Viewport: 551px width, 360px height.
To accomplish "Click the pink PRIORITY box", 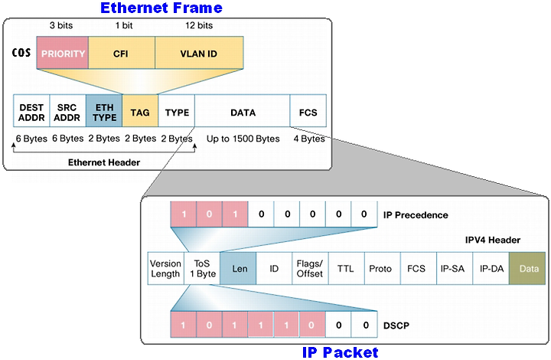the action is click(63, 53).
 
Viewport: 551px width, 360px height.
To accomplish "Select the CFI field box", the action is click(122, 53).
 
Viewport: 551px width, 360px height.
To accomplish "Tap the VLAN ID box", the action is click(199, 53).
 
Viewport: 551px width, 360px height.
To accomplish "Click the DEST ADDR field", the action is click(31, 111).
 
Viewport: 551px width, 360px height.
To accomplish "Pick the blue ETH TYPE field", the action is click(104, 111).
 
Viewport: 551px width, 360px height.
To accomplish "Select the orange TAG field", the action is click(140, 111).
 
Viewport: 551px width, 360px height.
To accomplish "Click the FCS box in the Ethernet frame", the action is click(308, 111).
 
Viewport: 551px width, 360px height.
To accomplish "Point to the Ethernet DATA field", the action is click(243, 111).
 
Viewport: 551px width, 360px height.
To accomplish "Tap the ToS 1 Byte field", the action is click(202, 268).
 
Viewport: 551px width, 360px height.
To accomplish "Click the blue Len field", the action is click(238, 268).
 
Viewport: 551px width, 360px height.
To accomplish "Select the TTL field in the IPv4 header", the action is click(347, 268).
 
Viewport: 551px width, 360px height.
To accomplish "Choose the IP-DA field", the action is click(491, 268).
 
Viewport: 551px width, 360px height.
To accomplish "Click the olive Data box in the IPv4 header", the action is click(527, 268).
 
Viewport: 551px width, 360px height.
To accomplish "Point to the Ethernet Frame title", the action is click(161, 8).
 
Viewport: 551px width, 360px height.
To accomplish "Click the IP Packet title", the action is click(340, 352).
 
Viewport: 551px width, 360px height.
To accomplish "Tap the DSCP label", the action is click(396, 326).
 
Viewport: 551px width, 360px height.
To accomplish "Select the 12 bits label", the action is click(199, 25).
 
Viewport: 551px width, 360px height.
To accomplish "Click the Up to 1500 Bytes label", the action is click(243, 139).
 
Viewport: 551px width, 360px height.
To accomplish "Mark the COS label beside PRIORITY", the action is click(21, 53).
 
